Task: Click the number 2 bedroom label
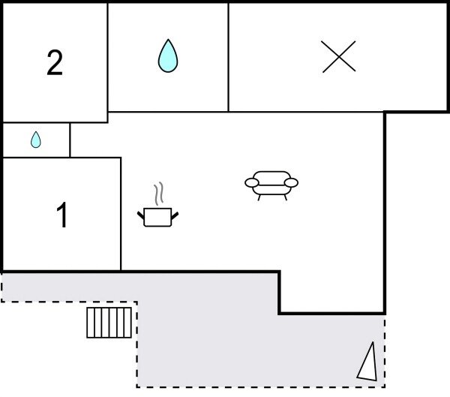point(55,63)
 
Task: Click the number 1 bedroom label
point(63,216)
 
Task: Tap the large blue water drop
point(168,56)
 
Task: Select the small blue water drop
point(36,140)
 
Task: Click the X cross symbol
point(338,57)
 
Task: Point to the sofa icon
point(271,183)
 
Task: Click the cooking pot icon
point(157,217)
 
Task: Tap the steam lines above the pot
point(157,194)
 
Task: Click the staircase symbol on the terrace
point(109,323)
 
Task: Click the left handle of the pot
point(141,218)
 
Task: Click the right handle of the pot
point(175,217)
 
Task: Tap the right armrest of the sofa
point(292,182)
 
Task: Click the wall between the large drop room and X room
point(228,57)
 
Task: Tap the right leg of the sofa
point(284,197)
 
